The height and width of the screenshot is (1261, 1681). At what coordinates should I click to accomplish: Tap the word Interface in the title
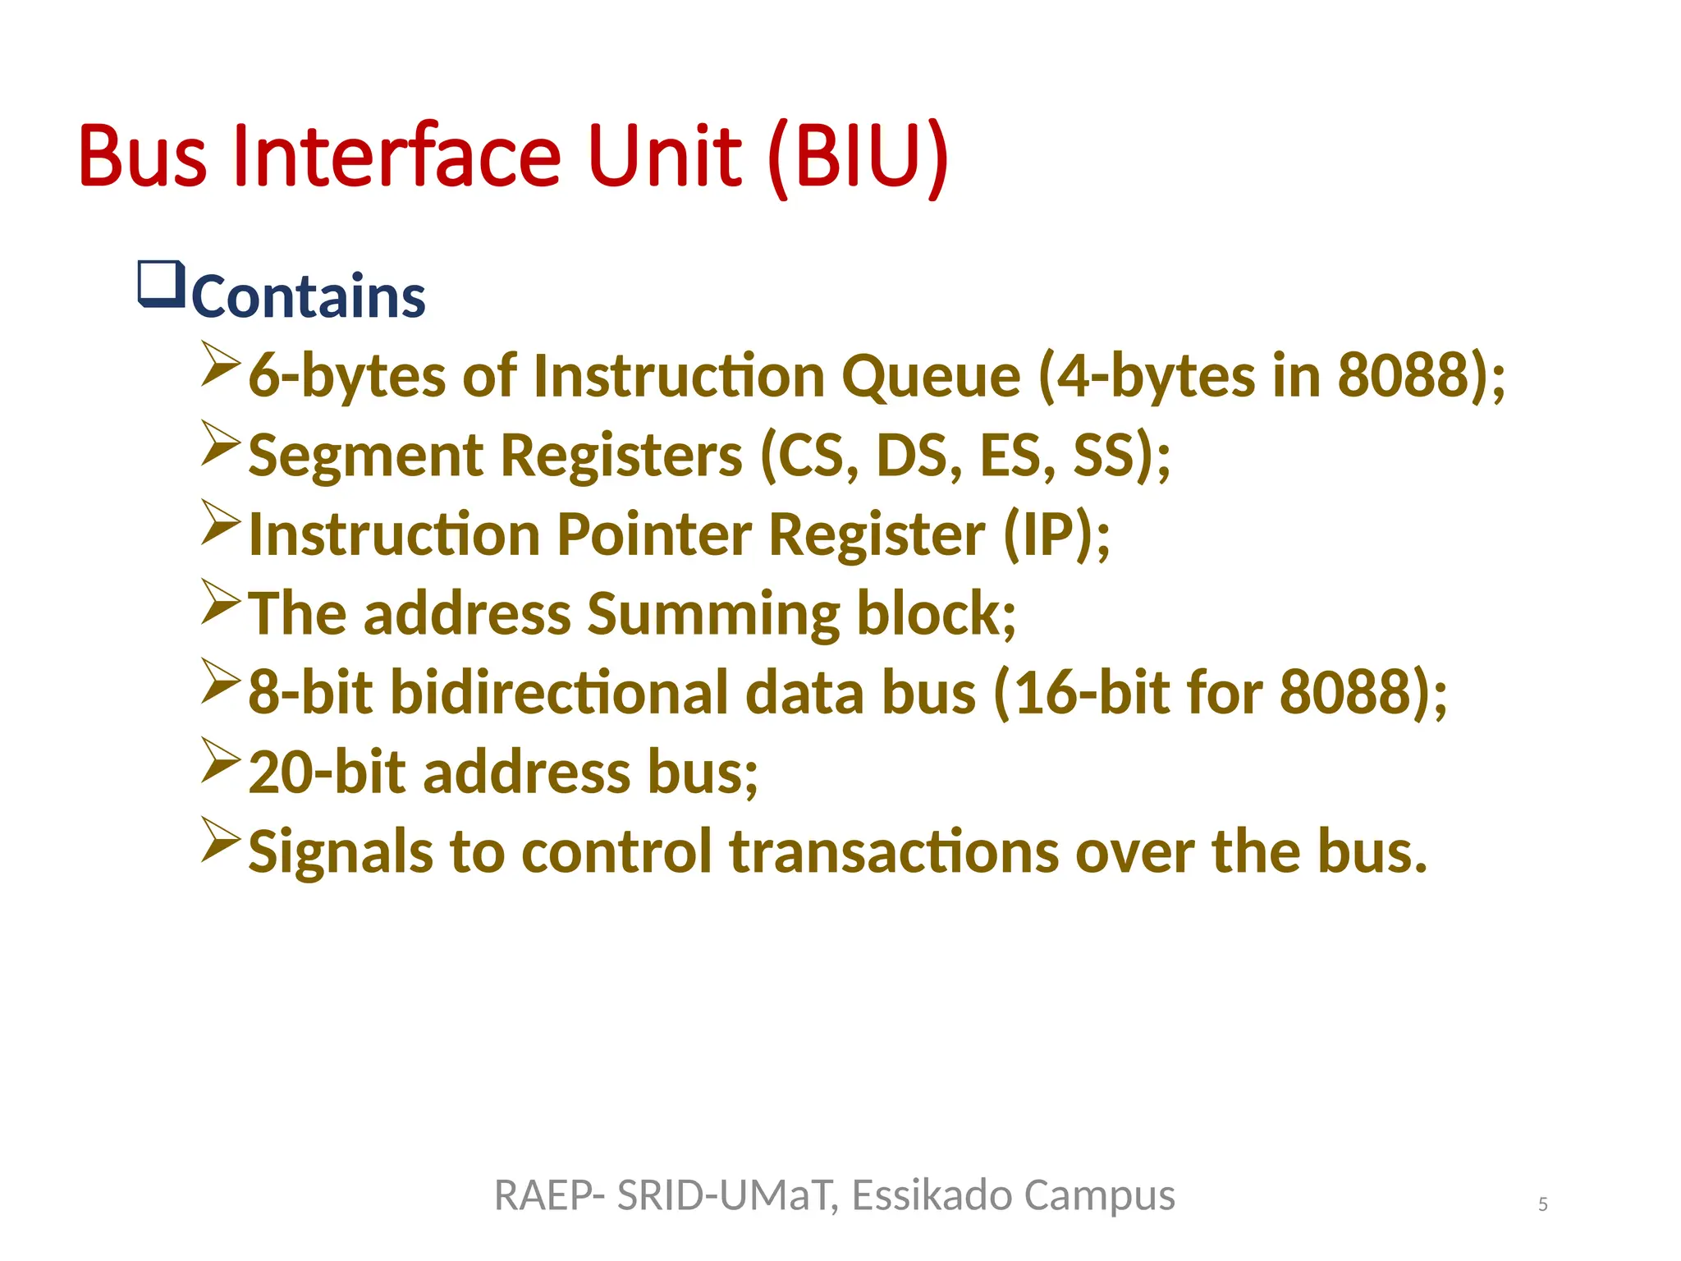pyautogui.click(x=396, y=156)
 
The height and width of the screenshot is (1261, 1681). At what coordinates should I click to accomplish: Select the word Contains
pyautogui.click(x=309, y=296)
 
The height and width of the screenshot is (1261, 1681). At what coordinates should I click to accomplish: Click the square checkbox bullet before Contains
pyautogui.click(x=161, y=284)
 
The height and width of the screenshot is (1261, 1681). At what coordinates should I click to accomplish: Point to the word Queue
pyautogui.click(x=931, y=377)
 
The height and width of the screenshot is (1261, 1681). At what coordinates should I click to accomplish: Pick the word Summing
pyautogui.click(x=713, y=614)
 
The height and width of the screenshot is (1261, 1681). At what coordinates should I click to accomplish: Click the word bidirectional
pyautogui.click(x=559, y=692)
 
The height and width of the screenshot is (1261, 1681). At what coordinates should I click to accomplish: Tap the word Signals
pyautogui.click(x=340, y=851)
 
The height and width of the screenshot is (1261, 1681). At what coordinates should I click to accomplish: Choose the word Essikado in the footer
pyautogui.click(x=932, y=1195)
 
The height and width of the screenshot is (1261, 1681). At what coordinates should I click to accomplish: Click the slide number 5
pyautogui.click(x=1543, y=1204)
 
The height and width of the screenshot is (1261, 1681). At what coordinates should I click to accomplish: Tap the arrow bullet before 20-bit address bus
pyautogui.click(x=220, y=759)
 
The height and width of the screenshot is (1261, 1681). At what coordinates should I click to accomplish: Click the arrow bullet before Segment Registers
pyautogui.click(x=220, y=443)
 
